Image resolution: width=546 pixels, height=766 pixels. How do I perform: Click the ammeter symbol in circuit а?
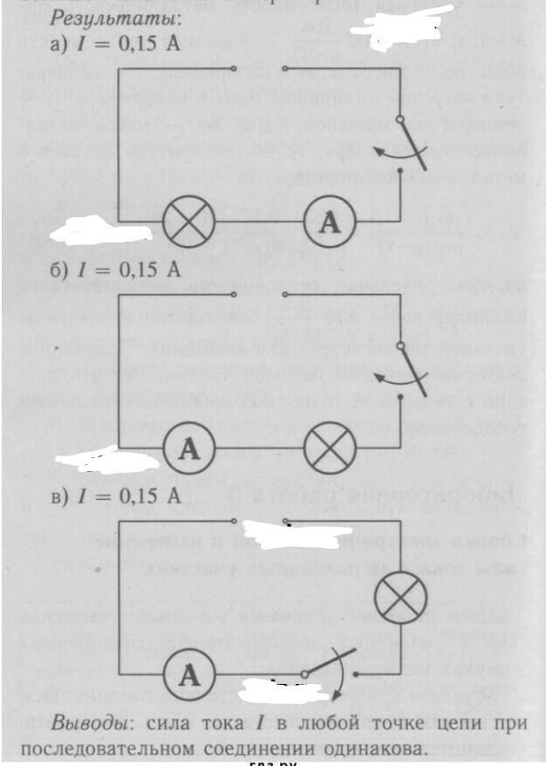click(329, 223)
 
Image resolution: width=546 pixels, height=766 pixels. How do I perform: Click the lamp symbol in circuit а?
click(188, 223)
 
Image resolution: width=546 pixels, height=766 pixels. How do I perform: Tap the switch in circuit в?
click(324, 667)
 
